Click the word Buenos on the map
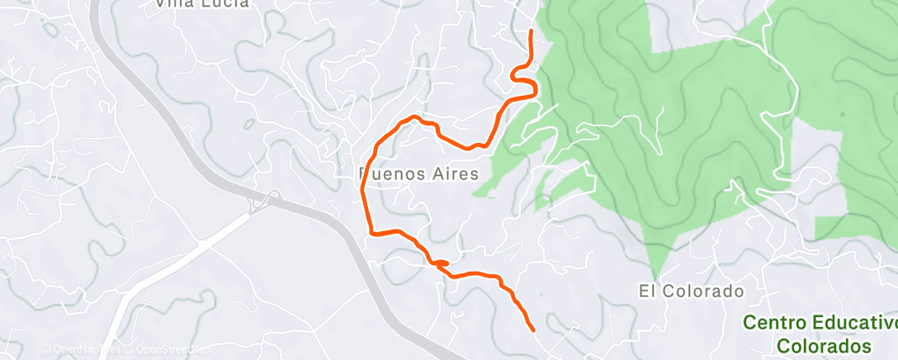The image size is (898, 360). coord(392,174)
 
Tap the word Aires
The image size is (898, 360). coord(452,174)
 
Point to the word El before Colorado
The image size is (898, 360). coord(647,291)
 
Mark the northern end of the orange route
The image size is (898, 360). coord(531,31)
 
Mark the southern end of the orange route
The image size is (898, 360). coord(532,330)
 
